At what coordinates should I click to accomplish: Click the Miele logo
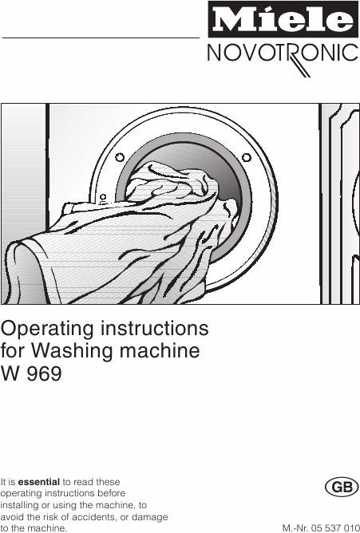tap(283, 19)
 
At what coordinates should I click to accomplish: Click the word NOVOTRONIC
tap(283, 53)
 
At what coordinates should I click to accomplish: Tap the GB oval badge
tap(342, 487)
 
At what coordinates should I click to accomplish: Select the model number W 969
tap(31, 373)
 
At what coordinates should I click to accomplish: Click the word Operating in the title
tap(47, 330)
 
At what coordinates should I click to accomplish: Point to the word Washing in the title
tap(73, 351)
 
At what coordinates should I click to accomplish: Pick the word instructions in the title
tap(154, 329)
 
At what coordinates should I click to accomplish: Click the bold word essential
tap(39, 482)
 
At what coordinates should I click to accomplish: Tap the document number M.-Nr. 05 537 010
tap(321, 528)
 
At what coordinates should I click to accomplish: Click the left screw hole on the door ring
tap(120, 157)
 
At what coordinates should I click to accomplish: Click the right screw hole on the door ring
tap(247, 157)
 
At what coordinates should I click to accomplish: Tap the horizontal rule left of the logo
tap(101, 38)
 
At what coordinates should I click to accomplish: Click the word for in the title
tap(14, 350)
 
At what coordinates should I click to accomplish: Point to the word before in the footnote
tap(112, 493)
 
